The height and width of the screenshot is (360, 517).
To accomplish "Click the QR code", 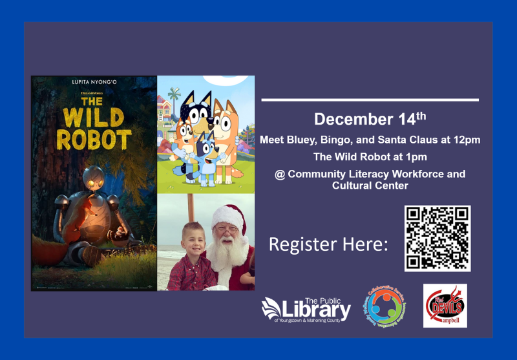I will pyautogui.click(x=438, y=238).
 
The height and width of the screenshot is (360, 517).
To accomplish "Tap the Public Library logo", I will pyautogui.click(x=306, y=309).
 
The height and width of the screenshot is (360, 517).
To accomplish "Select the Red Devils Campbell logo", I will pyautogui.click(x=445, y=305).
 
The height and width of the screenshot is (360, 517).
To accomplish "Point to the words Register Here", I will pyautogui.click(x=328, y=245).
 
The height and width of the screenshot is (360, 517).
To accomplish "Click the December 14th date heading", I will pyautogui.click(x=370, y=119).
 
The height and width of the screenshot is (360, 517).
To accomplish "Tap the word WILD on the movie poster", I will pyautogui.click(x=94, y=119).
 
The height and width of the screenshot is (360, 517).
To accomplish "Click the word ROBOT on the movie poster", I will pyautogui.click(x=94, y=139).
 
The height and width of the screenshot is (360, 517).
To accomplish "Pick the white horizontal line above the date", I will pyautogui.click(x=370, y=100).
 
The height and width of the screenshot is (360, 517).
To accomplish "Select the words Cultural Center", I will pyautogui.click(x=370, y=185).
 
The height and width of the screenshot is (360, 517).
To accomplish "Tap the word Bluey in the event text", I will pyautogui.click(x=303, y=140).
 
